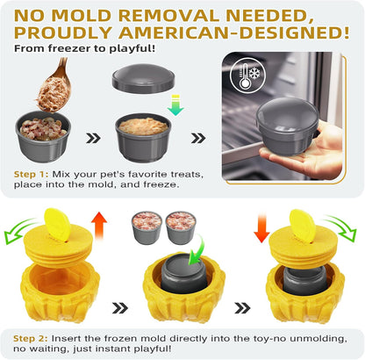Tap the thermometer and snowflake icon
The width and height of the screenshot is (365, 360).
(247, 76)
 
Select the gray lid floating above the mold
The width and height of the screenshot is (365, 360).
(143, 78)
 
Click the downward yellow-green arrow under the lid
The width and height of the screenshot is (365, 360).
(175, 105)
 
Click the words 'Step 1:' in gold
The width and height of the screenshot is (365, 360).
(31, 175)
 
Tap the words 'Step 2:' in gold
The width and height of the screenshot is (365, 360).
(31, 339)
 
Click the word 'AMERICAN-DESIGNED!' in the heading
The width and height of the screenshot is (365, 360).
(234, 32)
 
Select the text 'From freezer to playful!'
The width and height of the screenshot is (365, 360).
(85, 48)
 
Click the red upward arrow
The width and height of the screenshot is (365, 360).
(99, 226)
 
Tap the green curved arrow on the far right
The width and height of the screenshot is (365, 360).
(341, 227)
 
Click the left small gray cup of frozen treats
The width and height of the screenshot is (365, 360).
(147, 227)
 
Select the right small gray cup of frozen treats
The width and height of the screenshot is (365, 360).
(181, 227)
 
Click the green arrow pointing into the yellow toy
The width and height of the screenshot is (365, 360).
(197, 248)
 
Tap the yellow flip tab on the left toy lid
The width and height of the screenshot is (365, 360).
(57, 225)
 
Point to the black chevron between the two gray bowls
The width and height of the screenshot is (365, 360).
(94, 138)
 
